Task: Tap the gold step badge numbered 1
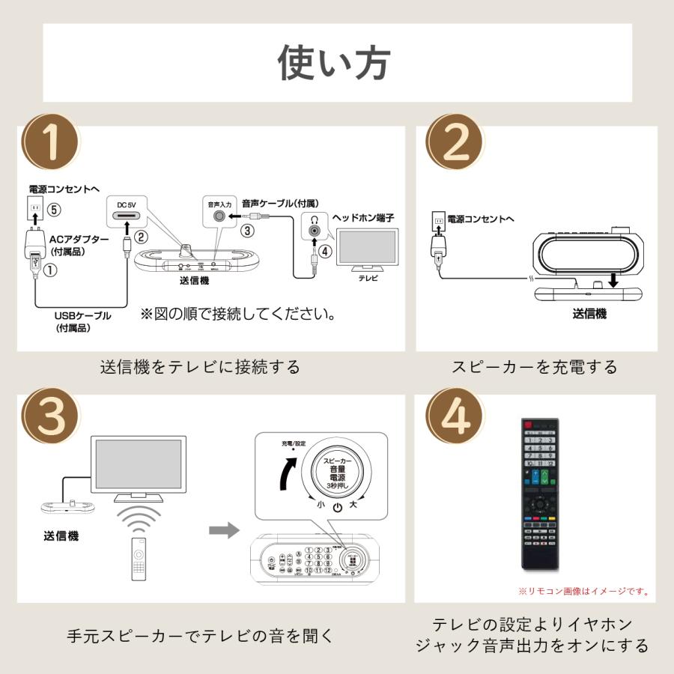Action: pyautogui.click(x=51, y=142)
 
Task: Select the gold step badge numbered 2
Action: pyautogui.click(x=455, y=142)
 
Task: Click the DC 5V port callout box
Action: pyautogui.click(x=131, y=211)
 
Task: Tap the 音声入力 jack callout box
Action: pyautogui.click(x=219, y=210)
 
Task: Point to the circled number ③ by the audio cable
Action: pyautogui.click(x=247, y=231)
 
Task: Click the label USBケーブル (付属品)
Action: pyautogui.click(x=82, y=321)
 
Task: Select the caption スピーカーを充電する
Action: pyautogui.click(x=535, y=367)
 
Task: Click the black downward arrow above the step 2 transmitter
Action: pyautogui.click(x=613, y=279)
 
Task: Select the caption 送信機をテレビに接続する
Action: pyautogui.click(x=200, y=367)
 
